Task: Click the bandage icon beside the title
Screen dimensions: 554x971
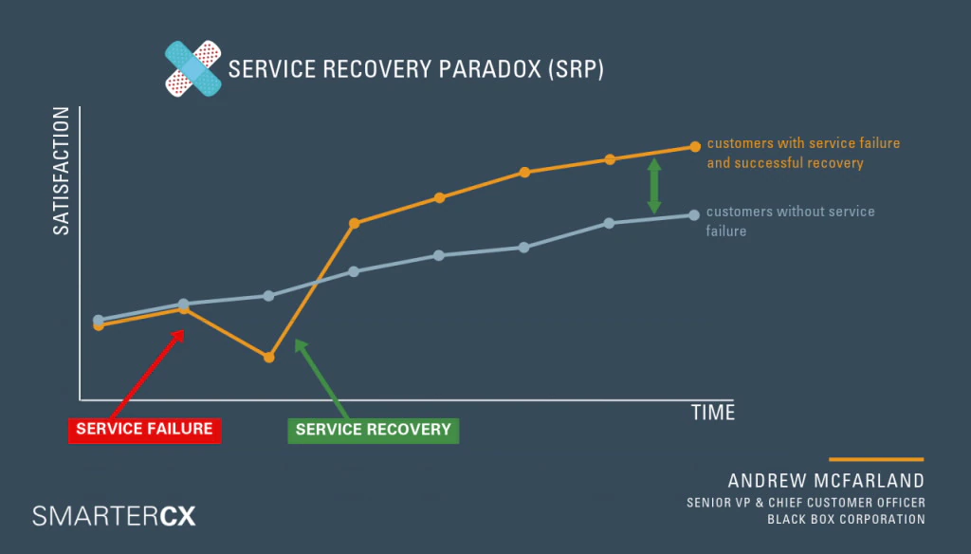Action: (192, 69)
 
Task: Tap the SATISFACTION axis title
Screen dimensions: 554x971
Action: (61, 171)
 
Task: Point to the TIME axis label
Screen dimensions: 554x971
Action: (712, 413)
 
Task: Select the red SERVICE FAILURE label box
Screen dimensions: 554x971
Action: (145, 430)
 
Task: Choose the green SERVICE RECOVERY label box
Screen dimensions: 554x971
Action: (373, 430)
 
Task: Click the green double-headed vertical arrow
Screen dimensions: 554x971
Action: (654, 186)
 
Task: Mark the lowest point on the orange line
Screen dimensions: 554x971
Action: (268, 358)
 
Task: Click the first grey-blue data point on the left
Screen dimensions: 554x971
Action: (99, 320)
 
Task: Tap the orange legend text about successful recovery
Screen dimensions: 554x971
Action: (803, 153)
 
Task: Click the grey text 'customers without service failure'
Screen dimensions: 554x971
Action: (790, 221)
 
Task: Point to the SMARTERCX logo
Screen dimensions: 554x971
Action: (114, 516)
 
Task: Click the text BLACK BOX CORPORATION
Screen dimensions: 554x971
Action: (846, 519)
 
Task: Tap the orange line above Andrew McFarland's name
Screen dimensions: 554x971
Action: (875, 459)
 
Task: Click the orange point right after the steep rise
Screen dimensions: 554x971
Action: (354, 224)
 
